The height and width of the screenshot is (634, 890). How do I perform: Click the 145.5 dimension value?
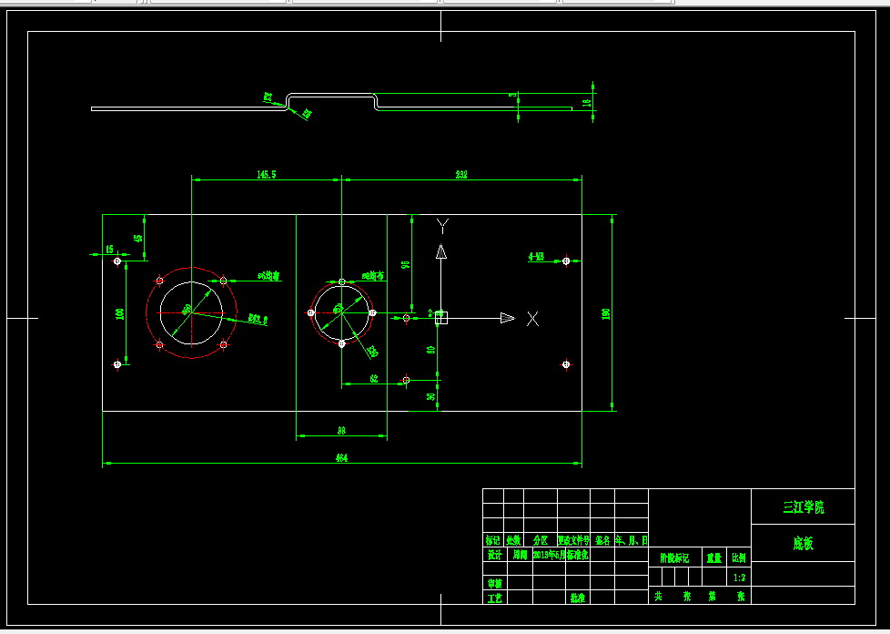point(267,173)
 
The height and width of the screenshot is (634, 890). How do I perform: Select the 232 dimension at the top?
point(461,173)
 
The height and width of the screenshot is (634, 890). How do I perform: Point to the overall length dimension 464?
point(341,457)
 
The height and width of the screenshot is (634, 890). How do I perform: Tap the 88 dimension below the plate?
point(341,430)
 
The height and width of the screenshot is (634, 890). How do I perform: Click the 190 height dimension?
point(605,313)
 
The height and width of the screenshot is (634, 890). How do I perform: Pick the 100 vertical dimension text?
point(120,313)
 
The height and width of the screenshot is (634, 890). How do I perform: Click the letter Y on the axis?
point(442,225)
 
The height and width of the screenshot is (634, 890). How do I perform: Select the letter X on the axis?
point(532,318)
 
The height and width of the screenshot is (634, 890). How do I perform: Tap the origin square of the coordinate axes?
point(441,318)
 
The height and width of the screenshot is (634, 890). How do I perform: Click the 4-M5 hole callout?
point(537,257)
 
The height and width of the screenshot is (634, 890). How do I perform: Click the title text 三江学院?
point(803,507)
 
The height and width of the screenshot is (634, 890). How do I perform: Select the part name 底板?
point(803,544)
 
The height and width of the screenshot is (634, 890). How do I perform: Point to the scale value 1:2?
point(739,578)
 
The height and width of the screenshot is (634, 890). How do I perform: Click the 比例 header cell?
point(739,557)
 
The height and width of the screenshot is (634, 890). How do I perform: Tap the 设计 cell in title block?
point(494,554)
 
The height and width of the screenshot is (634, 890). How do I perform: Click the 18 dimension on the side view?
point(587,102)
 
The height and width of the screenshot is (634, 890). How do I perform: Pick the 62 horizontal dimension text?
point(374,378)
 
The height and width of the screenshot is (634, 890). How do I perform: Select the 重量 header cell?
point(714,557)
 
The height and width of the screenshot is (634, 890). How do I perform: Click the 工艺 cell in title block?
point(494,598)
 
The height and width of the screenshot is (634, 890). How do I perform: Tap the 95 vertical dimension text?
point(406,265)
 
